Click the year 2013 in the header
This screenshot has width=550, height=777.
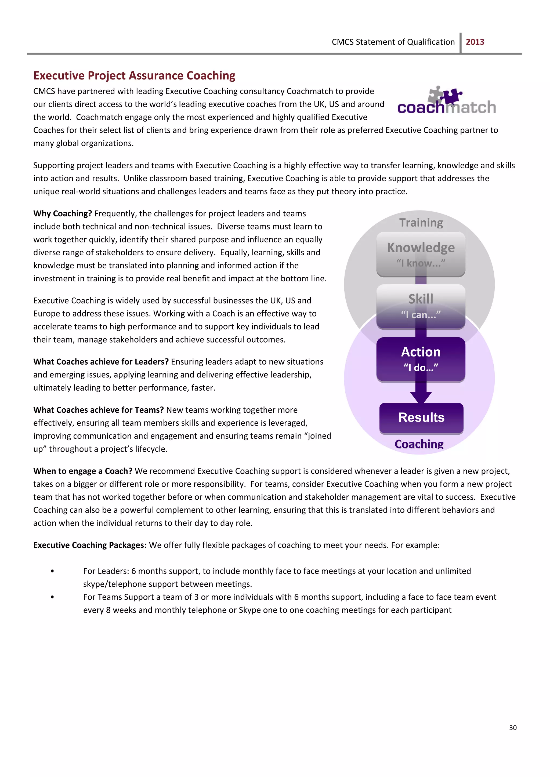tap(475, 42)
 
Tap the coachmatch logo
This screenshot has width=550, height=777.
tap(446, 101)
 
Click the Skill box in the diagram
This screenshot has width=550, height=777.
tap(421, 306)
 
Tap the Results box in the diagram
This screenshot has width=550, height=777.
tap(421, 417)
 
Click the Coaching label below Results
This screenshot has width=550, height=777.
tap(419, 444)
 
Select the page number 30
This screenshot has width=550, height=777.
tap(513, 728)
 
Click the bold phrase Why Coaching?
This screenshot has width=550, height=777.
tap(63, 214)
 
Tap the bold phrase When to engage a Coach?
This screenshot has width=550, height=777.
tap(83, 471)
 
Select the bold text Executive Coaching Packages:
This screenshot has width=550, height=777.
tap(90, 545)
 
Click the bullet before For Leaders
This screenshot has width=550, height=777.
tap(52, 571)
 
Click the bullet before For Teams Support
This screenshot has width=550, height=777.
tap(52, 597)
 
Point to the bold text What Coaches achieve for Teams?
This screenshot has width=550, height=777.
tap(98, 410)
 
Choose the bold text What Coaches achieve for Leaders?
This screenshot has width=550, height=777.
tap(101, 362)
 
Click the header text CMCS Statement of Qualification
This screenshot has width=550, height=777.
tap(393, 42)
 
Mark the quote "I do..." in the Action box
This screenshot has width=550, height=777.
tap(421, 368)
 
